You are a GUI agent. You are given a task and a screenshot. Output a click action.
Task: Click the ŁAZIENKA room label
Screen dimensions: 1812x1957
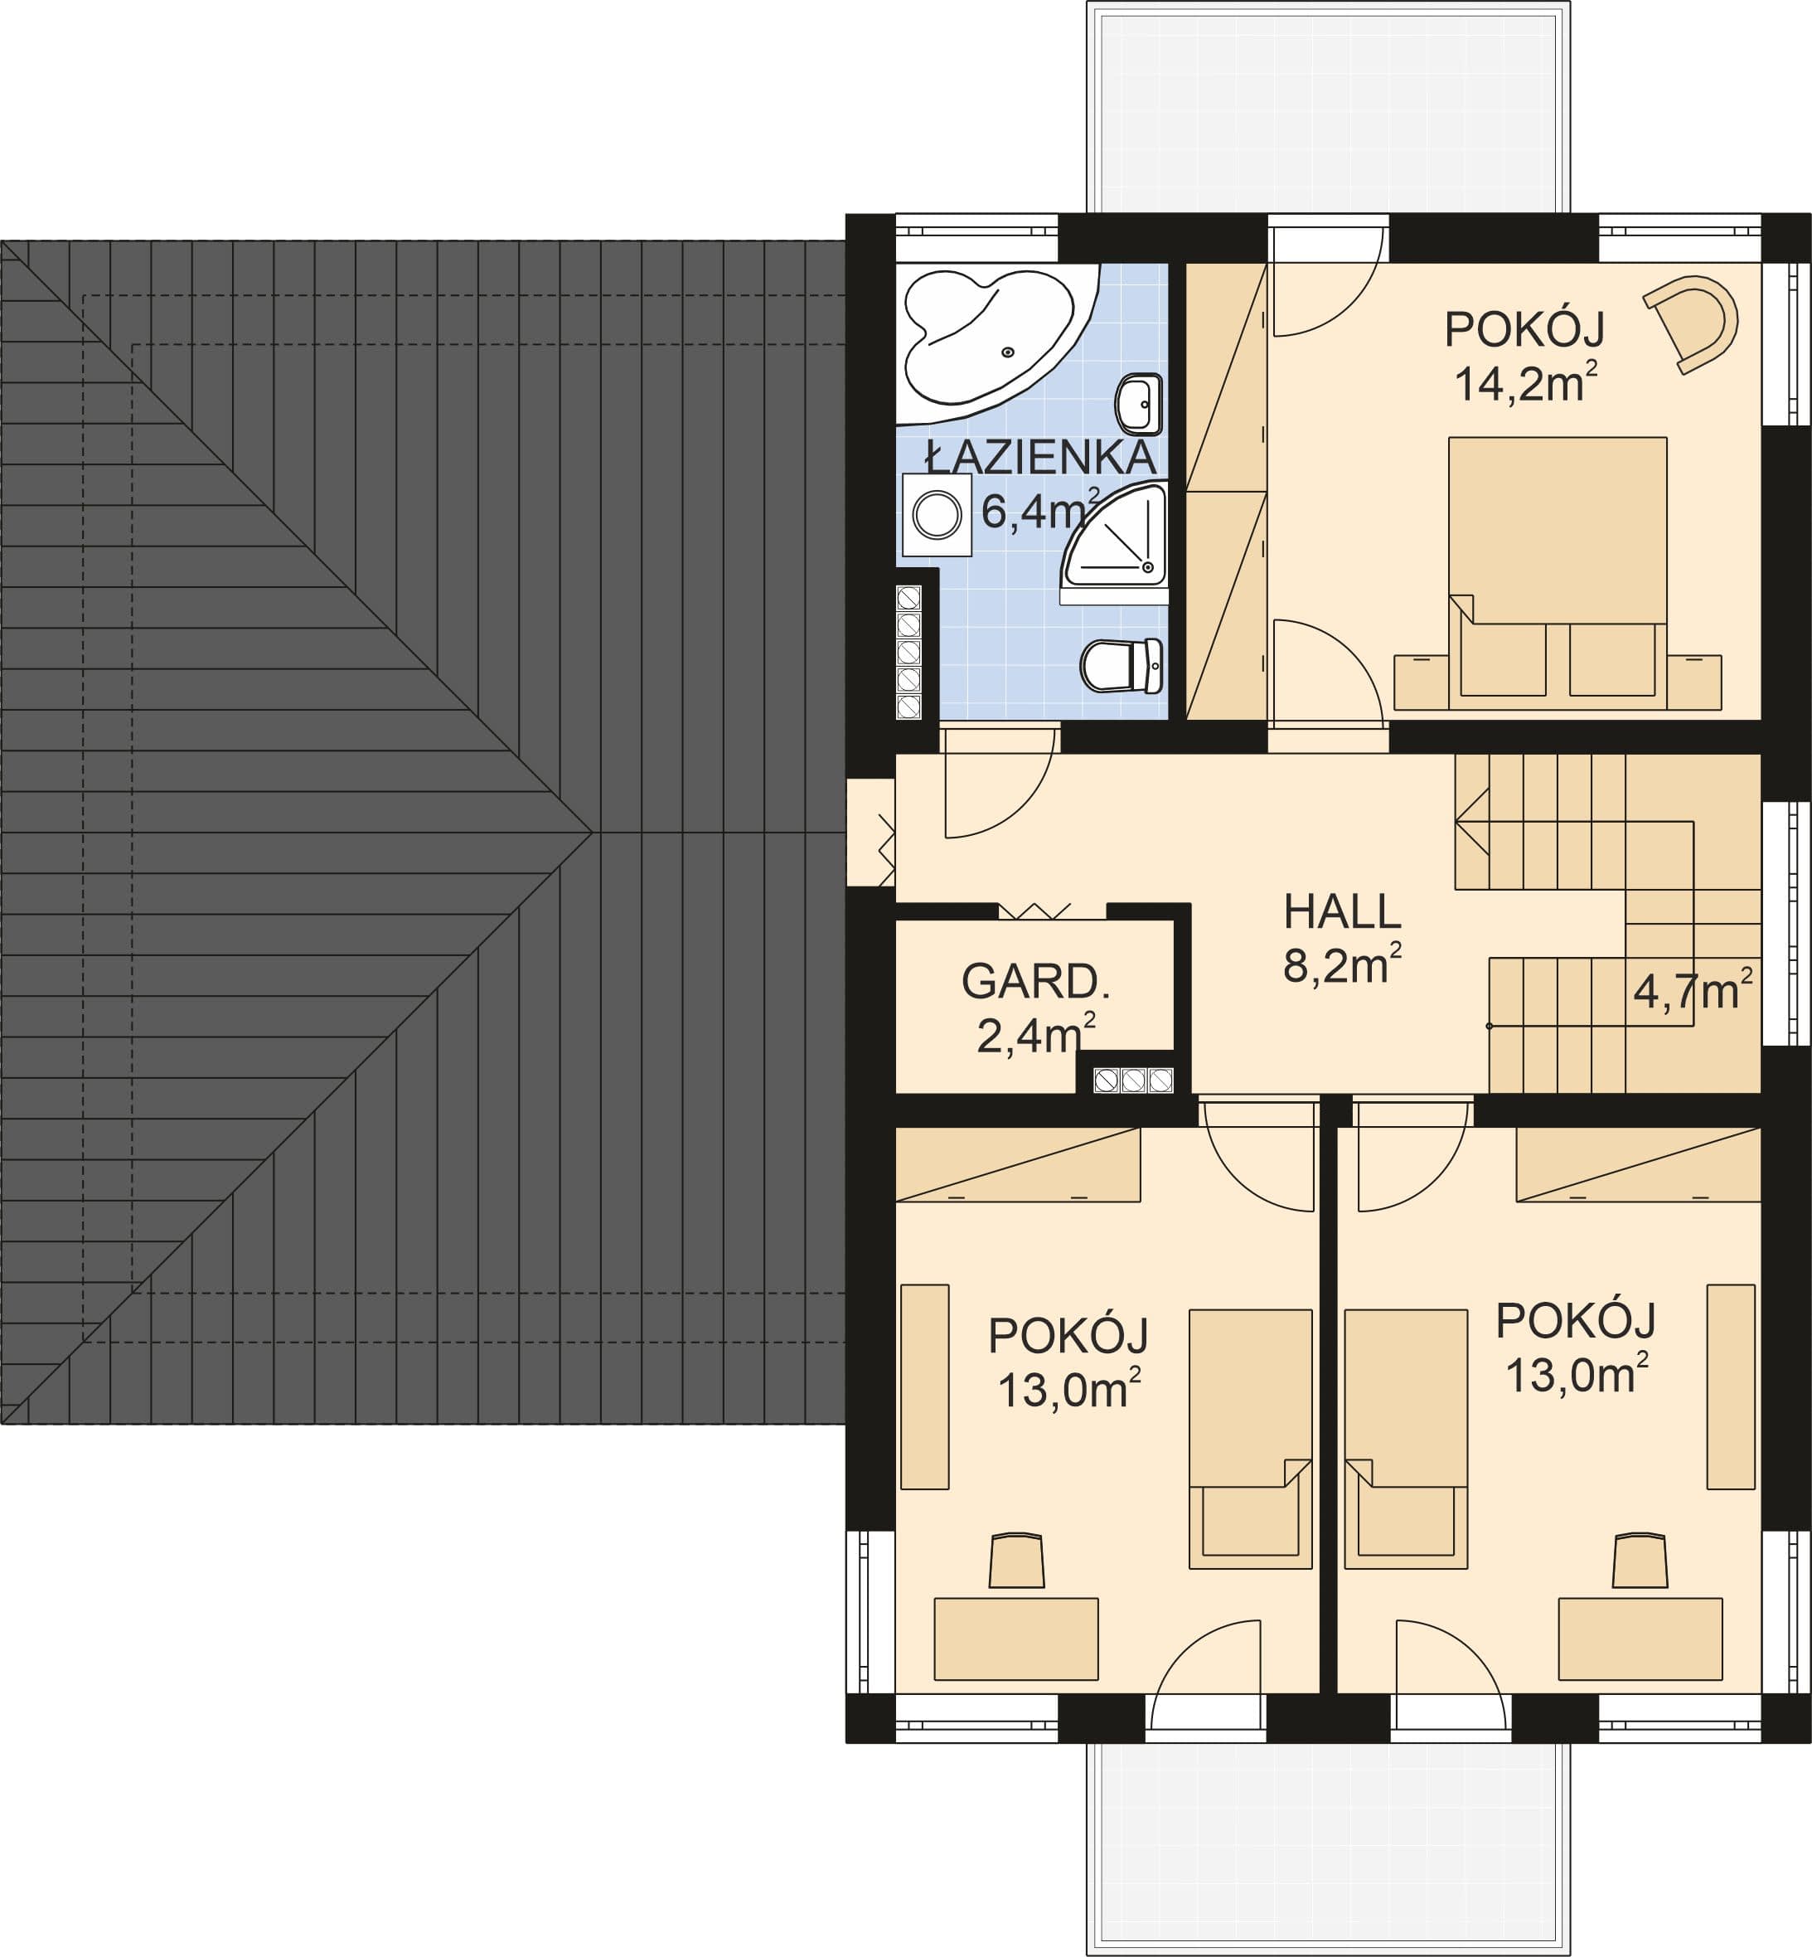tap(1041, 457)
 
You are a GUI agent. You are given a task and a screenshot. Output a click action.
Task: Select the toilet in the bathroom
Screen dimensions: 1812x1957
tap(1122, 665)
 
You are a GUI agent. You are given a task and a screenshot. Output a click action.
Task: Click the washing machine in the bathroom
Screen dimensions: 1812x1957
tap(937, 515)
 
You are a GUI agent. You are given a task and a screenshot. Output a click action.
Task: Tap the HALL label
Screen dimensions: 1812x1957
tap(1342, 912)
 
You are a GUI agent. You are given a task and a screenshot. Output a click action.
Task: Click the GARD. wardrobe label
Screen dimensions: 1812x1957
tap(1035, 982)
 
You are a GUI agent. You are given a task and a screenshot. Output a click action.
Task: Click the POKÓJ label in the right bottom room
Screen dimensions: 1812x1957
tap(1576, 1321)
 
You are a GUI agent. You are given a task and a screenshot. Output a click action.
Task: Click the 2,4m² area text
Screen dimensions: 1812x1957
tap(1035, 1035)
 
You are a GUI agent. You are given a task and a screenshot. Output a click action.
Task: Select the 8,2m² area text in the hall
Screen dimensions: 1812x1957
tap(1342, 966)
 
